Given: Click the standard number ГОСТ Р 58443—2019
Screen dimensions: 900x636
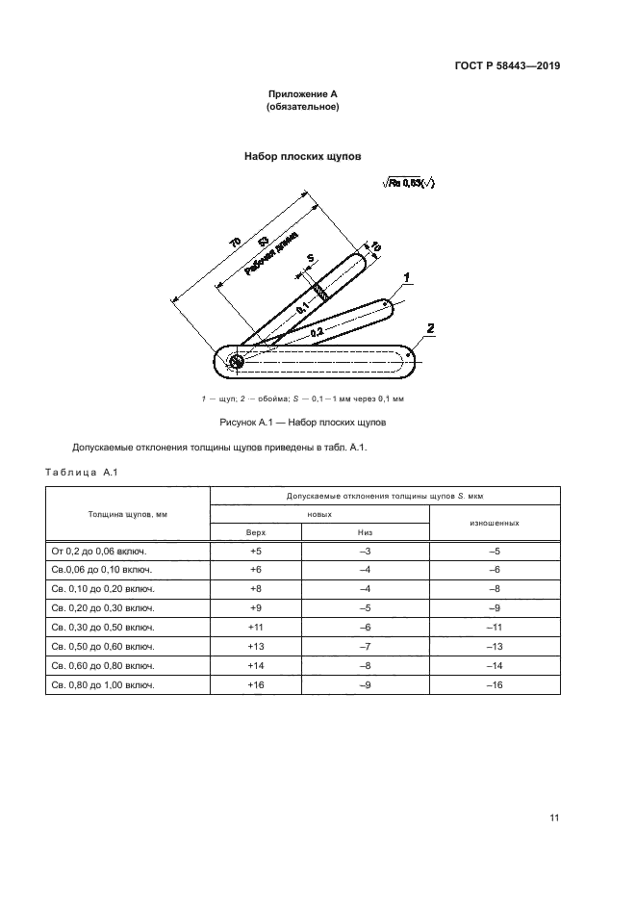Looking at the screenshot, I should (507, 66).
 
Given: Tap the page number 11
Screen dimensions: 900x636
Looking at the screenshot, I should (554, 818).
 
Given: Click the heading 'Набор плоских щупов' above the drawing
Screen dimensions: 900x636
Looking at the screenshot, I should (302, 154).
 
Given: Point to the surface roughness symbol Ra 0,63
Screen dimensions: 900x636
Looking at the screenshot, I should (409, 184).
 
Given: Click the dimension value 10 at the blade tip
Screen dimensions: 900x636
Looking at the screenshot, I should (375, 248).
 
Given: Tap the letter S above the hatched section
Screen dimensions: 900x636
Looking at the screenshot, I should (310, 259).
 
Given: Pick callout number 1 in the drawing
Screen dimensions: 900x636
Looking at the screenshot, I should (408, 278).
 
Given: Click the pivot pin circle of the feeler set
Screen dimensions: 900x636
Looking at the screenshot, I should (237, 361).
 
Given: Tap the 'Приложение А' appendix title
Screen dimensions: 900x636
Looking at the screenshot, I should (302, 94).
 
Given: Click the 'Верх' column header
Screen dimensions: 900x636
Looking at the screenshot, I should (255, 531).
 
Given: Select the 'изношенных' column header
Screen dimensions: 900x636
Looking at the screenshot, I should (495, 523).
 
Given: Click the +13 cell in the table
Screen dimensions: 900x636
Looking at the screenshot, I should (255, 645).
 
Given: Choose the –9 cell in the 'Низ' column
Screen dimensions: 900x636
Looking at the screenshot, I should (365, 683).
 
